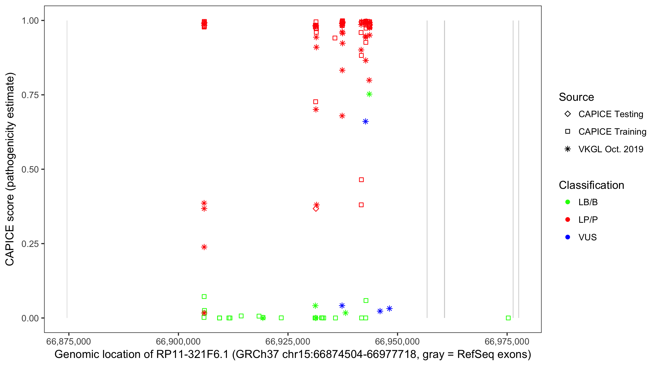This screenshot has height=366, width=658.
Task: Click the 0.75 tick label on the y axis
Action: [30, 95]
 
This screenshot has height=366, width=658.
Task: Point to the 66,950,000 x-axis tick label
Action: [397, 341]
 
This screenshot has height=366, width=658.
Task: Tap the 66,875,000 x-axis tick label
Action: [68, 341]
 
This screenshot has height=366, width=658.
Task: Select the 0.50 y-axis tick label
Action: [30, 170]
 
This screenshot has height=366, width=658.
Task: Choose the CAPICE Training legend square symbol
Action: [568, 132]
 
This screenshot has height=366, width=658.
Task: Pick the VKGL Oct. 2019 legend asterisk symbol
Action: [568, 149]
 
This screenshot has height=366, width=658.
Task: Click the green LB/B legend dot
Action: [568, 202]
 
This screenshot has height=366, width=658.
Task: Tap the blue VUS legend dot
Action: [568, 237]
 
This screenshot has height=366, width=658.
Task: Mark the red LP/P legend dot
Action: [568, 220]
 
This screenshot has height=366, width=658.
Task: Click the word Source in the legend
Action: [576, 97]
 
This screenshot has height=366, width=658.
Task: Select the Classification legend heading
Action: [591, 185]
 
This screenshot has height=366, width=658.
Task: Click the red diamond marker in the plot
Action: [316, 209]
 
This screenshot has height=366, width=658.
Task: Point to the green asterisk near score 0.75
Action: [369, 94]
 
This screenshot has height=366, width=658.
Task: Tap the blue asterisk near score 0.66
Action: [366, 122]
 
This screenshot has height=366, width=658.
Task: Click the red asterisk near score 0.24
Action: [204, 247]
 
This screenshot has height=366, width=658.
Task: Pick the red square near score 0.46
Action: [361, 180]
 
